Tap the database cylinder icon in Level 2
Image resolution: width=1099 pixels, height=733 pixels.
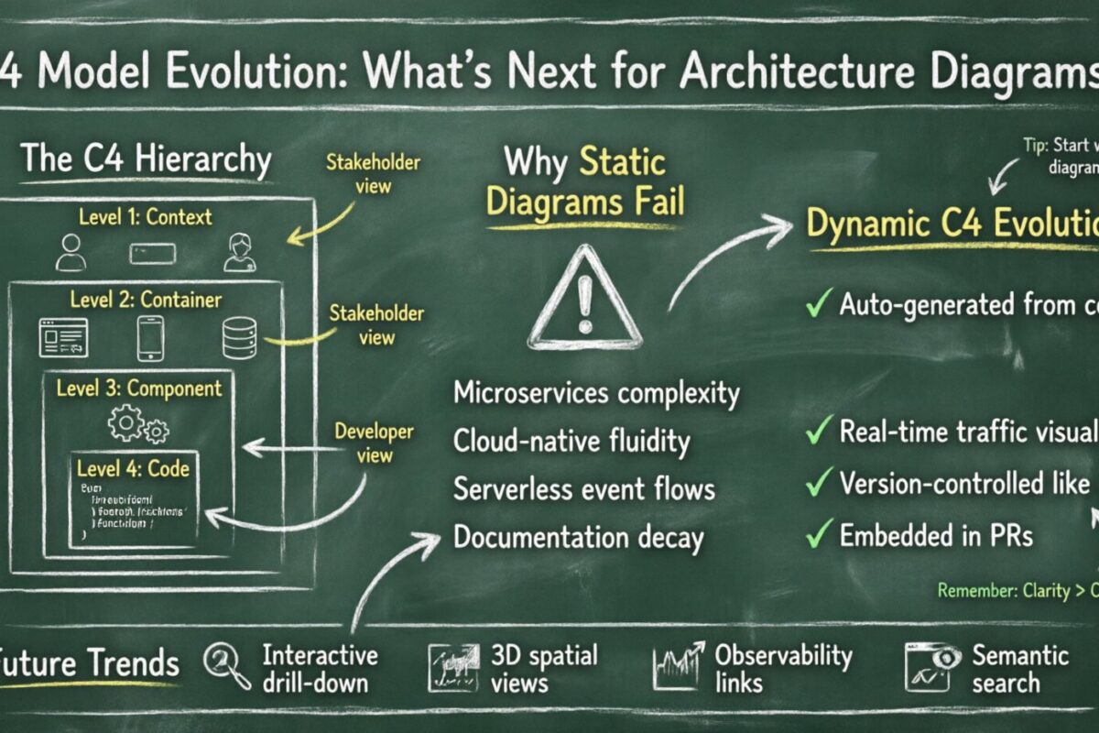click(237, 338)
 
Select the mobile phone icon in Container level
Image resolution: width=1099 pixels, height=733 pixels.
click(150, 337)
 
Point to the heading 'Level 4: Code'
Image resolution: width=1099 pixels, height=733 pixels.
click(135, 469)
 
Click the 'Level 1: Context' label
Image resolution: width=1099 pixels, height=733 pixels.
click(146, 217)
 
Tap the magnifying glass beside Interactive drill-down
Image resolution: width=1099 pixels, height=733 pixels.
click(227, 666)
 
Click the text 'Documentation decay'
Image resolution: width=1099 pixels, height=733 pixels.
click(578, 537)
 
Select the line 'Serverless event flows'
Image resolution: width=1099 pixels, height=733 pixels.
click(583, 488)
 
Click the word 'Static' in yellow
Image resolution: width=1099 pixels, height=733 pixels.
click(623, 164)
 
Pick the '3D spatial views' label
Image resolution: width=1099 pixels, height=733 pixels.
click(543, 669)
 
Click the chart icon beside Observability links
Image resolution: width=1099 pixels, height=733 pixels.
click(679, 666)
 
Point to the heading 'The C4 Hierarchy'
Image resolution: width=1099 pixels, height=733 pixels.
click(146, 159)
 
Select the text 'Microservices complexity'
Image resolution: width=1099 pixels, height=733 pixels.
click(596, 394)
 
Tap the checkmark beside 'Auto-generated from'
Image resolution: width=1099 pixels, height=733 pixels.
click(818, 305)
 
